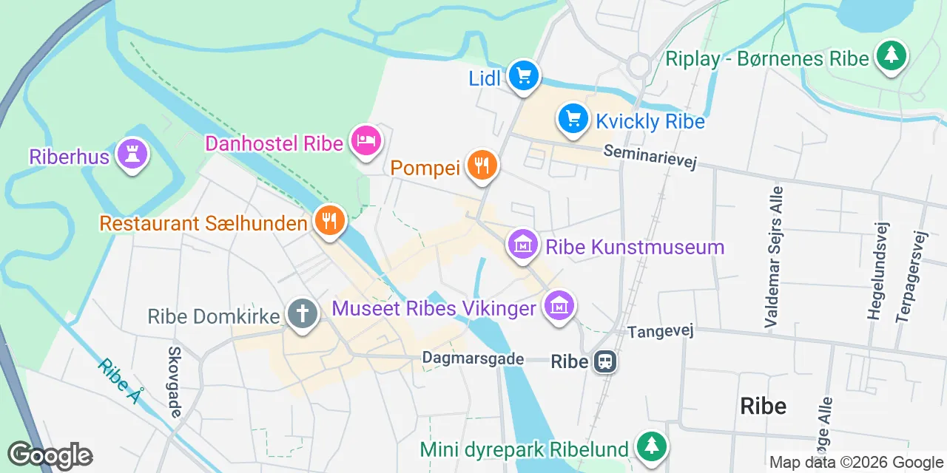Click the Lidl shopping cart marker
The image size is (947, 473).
(524, 75)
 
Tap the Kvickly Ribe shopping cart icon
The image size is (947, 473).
(573, 118)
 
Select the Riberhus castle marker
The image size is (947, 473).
(132, 154)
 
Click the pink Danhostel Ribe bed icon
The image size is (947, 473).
(365, 140)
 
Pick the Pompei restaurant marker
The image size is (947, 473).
(482, 166)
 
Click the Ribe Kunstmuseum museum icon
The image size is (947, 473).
(523, 244)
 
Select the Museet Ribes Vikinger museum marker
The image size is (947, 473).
(560, 305)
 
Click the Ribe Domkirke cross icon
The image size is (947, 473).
(302, 315)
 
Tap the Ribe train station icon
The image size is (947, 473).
(605, 361)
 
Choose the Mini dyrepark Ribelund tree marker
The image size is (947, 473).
(651, 446)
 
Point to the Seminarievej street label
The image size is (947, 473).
(650, 156)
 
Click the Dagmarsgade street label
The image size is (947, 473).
(473, 358)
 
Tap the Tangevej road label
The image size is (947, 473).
(661, 332)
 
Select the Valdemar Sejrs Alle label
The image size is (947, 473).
(774, 256)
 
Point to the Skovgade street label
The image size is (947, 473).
(175, 381)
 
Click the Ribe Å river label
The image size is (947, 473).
(119, 381)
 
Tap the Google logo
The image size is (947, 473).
(50, 455)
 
